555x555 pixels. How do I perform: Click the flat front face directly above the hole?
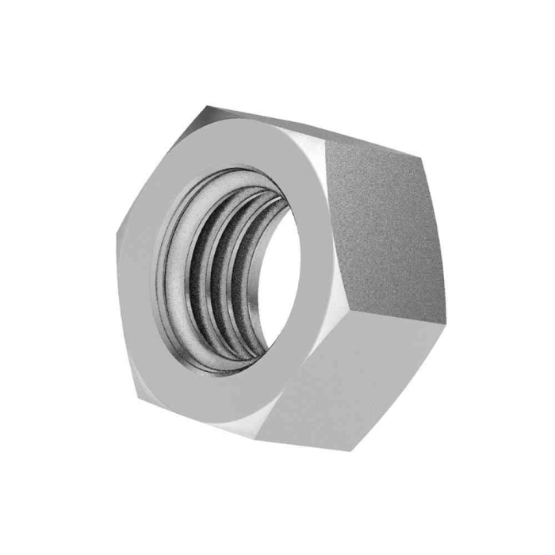(238, 147)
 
